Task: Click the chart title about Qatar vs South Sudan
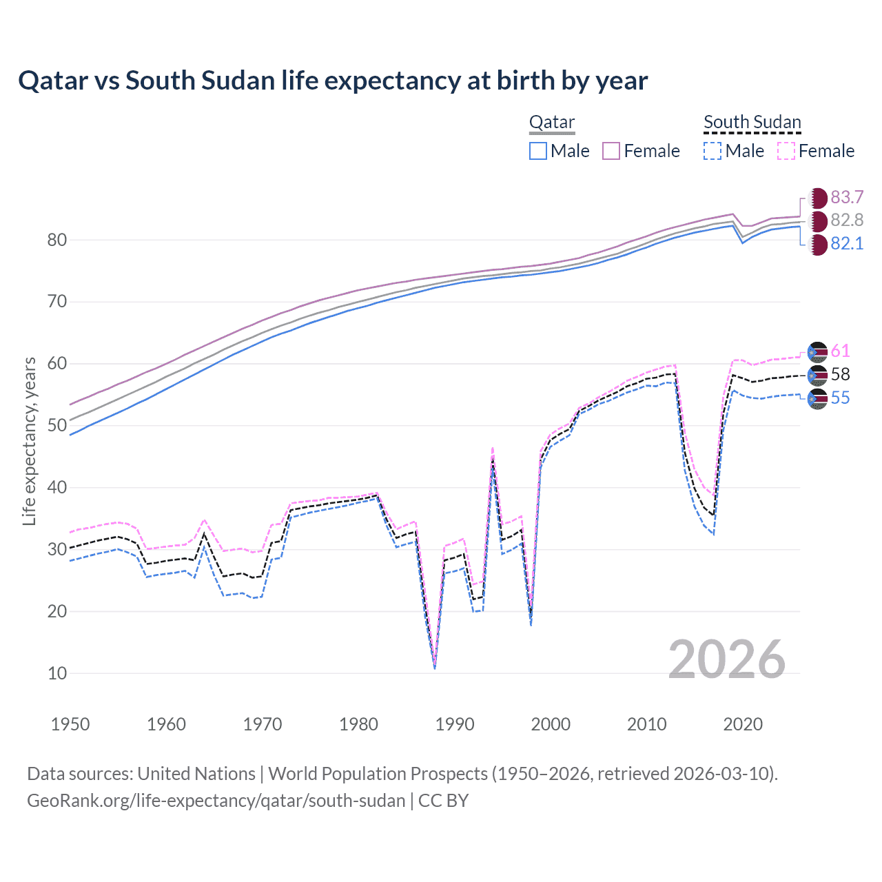tap(333, 81)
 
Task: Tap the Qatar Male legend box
tap(538, 151)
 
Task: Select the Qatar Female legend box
tap(611, 151)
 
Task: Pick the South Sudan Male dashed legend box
tap(712, 151)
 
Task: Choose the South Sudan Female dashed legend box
tap(786, 151)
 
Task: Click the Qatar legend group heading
tap(551, 123)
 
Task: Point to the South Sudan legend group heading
tap(752, 123)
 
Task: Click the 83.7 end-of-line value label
tap(847, 198)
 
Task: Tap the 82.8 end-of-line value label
tap(847, 220)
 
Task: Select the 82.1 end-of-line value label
tap(847, 244)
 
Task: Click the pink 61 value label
tap(840, 351)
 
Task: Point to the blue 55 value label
tap(840, 398)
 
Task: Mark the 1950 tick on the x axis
tap(70, 724)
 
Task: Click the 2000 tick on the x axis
tap(551, 724)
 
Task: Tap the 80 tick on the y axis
tap(57, 240)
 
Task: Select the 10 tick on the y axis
tap(57, 674)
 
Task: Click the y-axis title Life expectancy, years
tap(29, 441)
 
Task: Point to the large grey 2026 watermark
tap(727, 659)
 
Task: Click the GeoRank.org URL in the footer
tap(216, 801)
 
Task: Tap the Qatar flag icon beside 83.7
tap(817, 198)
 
